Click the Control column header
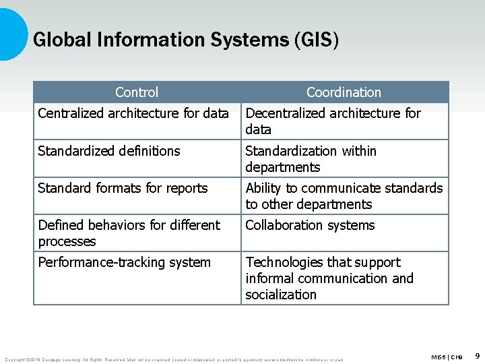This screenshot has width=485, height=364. coord(137,92)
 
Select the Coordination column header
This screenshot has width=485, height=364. coord(344,92)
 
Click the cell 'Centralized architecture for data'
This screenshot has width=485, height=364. coord(133,113)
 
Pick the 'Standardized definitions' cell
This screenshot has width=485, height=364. coord(109,151)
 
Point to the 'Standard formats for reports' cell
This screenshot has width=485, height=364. coord(123,188)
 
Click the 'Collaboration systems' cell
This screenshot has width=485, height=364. coord(310,225)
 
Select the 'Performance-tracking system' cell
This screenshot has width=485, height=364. coord(124,262)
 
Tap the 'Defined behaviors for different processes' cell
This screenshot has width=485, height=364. coord(129,233)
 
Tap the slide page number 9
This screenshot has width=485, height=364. coord(477,355)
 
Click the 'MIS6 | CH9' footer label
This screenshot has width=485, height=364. coord(447,357)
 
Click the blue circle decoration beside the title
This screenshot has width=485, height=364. coord(11,34)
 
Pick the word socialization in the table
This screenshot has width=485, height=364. coord(281,295)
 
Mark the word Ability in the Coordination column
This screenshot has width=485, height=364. coord(263,188)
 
